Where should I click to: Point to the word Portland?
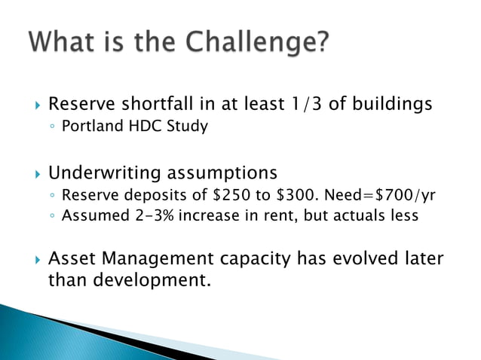tap(90, 126)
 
